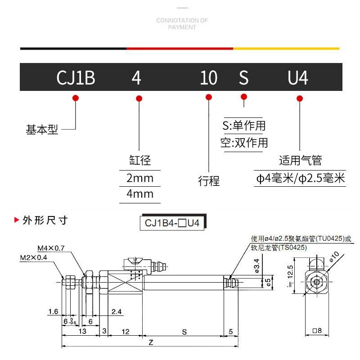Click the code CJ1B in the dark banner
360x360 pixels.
(x=76, y=78)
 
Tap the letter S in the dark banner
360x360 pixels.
(x=243, y=78)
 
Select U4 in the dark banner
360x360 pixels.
(x=298, y=78)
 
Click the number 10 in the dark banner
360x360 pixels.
(x=208, y=78)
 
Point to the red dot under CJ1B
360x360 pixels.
(x=76, y=98)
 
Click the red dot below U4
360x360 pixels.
(x=300, y=99)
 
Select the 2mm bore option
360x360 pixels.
(x=139, y=178)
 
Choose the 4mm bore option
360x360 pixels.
(x=139, y=194)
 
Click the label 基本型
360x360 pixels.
(x=42, y=130)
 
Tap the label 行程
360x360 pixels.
(x=209, y=181)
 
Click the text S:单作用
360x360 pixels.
(x=244, y=126)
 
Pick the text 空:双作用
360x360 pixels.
(x=244, y=143)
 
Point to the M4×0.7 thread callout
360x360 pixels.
(x=51, y=248)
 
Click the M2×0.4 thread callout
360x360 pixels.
(x=34, y=258)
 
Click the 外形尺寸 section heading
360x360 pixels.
(x=45, y=220)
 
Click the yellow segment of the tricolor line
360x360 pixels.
(x=286, y=48)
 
